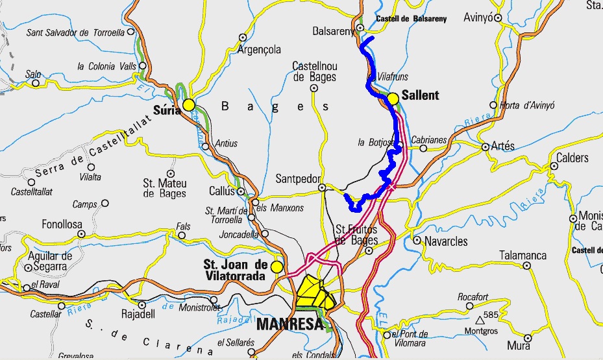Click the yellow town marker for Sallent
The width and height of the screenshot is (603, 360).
point(393,99)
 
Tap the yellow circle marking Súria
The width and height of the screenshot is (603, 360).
point(189,104)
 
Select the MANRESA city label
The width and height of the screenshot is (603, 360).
point(289,324)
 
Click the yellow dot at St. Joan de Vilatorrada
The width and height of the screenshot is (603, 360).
point(277,267)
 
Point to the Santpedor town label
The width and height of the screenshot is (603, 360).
point(296,178)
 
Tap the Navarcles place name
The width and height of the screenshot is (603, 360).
point(446,241)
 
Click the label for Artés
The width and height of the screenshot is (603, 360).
point(503,146)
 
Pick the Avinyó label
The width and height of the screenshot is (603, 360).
point(478,18)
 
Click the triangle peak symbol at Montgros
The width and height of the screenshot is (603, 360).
point(480,320)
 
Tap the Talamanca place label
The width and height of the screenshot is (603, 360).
point(523,256)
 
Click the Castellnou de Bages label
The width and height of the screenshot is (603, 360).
point(315,71)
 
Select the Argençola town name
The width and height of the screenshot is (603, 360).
point(259,49)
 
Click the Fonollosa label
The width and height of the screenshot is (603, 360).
point(62,224)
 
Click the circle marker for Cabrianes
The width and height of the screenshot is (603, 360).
point(424,148)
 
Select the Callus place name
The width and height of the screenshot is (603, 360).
point(221,192)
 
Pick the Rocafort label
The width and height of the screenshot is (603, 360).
point(473,296)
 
